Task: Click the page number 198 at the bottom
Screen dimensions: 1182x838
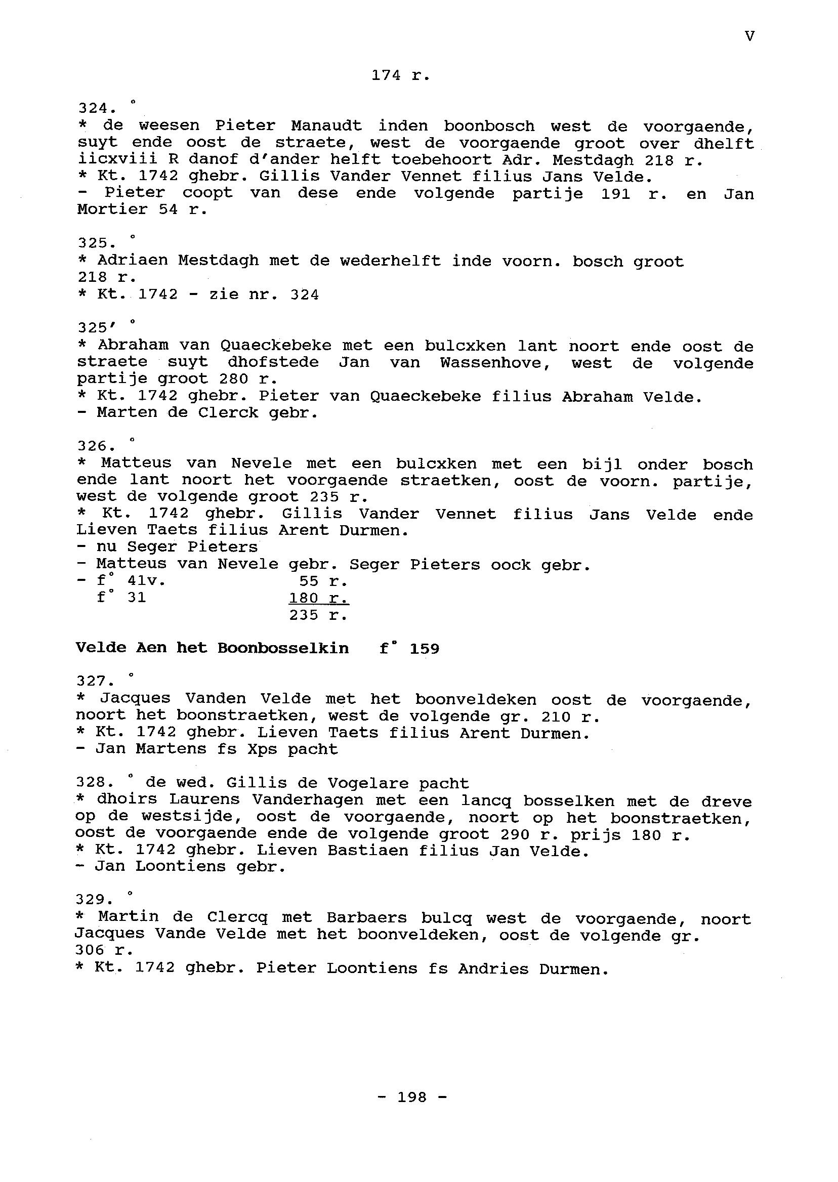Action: tap(412, 1096)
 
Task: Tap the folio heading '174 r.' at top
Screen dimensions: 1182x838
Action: tap(400, 75)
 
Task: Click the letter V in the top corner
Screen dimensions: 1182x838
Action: tap(750, 36)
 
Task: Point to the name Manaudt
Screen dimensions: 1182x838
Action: tap(326, 126)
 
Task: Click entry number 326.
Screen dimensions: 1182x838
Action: tap(96, 446)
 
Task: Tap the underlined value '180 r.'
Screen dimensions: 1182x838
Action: tap(318, 598)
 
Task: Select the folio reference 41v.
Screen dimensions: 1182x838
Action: tap(146, 581)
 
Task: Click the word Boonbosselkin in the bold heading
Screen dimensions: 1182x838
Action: tap(283, 648)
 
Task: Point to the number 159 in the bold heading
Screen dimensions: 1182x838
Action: tap(424, 649)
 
